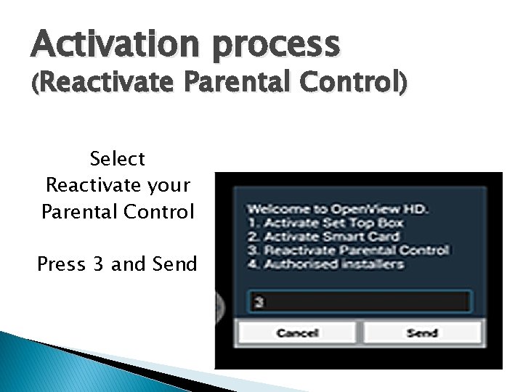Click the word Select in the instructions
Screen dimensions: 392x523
[117, 158]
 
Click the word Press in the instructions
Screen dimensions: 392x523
[61, 264]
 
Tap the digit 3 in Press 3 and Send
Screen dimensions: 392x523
[98, 264]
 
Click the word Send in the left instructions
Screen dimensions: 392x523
[174, 264]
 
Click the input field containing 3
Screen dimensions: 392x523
[359, 301]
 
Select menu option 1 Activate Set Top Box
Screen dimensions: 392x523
[335, 223]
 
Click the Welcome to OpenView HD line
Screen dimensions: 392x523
[338, 210]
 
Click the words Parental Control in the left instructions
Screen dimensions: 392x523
[117, 212]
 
